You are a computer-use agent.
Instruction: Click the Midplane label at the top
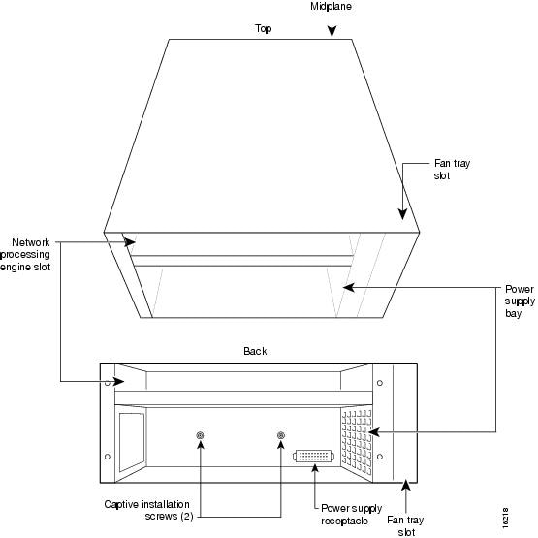(331, 6)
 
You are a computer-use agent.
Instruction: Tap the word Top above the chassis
(263, 28)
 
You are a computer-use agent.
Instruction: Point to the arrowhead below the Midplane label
(332, 32)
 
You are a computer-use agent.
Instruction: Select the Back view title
(255, 351)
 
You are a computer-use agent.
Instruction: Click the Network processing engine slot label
(25, 255)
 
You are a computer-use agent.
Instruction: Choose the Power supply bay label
(520, 301)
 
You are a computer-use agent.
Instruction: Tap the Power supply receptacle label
(351, 515)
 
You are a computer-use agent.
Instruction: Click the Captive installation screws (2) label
(146, 510)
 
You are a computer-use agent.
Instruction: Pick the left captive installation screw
(200, 435)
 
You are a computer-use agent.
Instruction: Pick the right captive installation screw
(281, 435)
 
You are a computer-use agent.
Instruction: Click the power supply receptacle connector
(314, 456)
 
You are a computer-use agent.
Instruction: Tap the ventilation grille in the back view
(357, 443)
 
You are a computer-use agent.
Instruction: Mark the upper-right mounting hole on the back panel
(380, 383)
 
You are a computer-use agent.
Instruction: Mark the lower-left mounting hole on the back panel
(108, 457)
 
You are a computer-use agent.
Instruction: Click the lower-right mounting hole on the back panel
(380, 457)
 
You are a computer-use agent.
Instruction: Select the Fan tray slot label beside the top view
(452, 169)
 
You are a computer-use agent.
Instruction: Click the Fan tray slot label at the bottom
(405, 526)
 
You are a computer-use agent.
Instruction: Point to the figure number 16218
(505, 518)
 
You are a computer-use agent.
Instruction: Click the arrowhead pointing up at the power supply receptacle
(315, 467)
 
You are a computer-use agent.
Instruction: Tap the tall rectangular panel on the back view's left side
(132, 443)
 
